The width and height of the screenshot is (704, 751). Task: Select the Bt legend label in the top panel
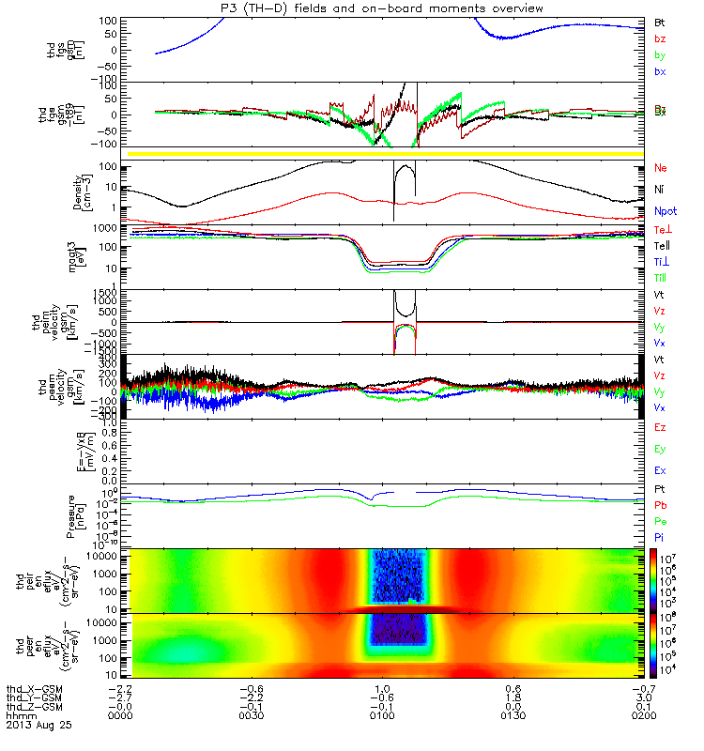click(x=660, y=22)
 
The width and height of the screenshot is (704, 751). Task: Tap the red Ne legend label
click(x=661, y=168)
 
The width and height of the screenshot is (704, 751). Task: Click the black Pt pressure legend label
click(x=660, y=491)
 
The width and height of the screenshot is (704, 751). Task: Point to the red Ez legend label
click(x=660, y=428)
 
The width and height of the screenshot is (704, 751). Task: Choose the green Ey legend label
click(x=660, y=450)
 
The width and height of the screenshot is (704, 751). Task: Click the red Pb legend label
click(x=661, y=506)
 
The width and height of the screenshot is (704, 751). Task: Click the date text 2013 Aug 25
click(x=38, y=726)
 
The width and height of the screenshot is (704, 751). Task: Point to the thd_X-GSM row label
click(x=37, y=686)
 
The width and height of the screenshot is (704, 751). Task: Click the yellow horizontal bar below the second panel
click(x=385, y=153)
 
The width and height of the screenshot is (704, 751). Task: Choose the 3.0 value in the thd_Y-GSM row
click(x=643, y=696)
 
